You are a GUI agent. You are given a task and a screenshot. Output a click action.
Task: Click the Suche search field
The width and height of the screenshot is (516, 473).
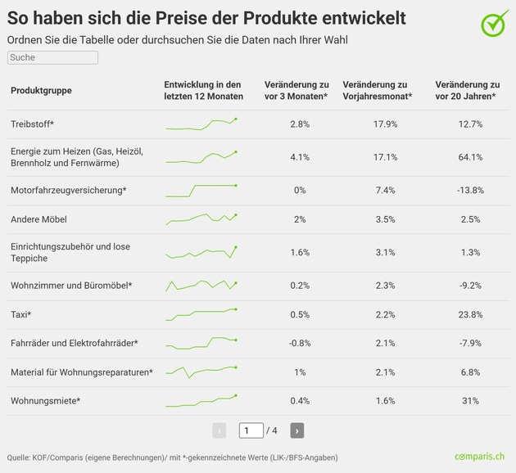click(52, 57)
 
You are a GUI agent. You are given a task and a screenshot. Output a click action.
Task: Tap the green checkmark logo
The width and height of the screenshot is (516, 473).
click(494, 23)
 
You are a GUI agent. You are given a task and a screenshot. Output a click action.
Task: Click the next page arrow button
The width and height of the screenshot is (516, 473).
click(296, 430)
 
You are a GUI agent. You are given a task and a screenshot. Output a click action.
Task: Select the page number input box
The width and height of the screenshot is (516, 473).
click(251, 430)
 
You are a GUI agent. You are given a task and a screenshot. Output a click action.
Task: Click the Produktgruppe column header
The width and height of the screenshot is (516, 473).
click(41, 90)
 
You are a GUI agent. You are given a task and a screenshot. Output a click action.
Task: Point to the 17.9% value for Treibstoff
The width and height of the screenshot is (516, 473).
click(385, 124)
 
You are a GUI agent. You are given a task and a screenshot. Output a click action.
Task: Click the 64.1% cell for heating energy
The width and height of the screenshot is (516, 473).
click(471, 157)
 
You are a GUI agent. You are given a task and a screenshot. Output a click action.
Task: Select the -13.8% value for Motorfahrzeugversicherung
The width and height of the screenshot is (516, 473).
click(471, 191)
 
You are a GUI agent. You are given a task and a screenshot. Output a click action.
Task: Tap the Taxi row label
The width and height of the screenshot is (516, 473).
click(20, 314)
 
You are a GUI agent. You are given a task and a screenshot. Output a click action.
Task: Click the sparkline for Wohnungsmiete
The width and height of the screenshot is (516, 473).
click(201, 401)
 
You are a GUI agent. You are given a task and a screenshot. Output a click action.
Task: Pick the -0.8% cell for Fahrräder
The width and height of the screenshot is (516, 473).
click(300, 343)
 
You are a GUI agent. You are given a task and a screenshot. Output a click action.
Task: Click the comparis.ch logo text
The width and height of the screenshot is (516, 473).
click(479, 457)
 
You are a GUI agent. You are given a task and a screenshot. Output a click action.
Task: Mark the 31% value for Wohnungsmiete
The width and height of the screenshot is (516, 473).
click(471, 401)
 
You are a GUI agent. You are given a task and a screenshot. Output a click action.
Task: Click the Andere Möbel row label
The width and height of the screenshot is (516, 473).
click(38, 219)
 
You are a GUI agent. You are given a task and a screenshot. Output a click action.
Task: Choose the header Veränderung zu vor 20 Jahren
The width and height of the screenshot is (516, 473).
click(468, 90)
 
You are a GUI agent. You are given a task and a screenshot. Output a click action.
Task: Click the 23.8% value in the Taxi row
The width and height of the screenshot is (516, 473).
click(471, 314)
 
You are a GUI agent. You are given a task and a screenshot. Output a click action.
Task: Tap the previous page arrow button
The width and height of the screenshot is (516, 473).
click(220, 430)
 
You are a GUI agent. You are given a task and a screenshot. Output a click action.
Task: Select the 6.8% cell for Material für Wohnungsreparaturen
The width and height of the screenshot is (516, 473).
click(471, 372)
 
